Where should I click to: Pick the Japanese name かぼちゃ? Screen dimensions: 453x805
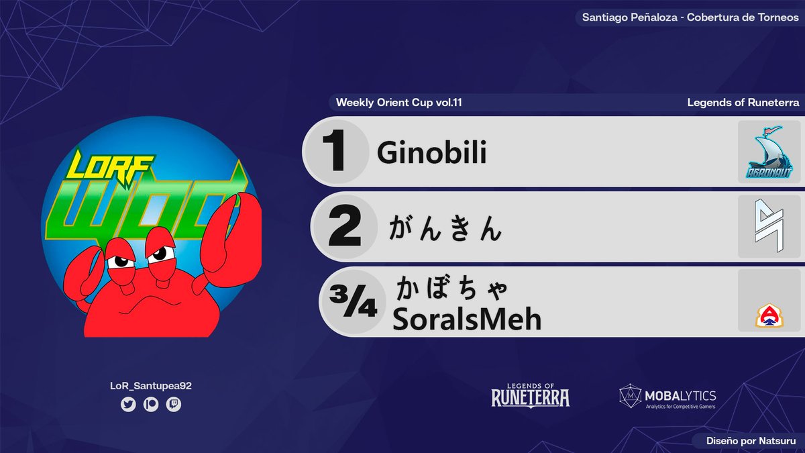pos(452,290)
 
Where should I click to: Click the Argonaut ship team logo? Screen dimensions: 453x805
pos(769,154)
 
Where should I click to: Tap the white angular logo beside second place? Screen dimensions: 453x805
pos(769,227)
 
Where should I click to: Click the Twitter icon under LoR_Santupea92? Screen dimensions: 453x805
pos(128,405)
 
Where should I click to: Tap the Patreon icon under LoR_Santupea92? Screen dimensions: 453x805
pos(151,405)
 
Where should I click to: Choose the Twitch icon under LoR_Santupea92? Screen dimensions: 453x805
pos(174,405)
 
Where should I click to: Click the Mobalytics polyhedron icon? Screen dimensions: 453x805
pos(629,396)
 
